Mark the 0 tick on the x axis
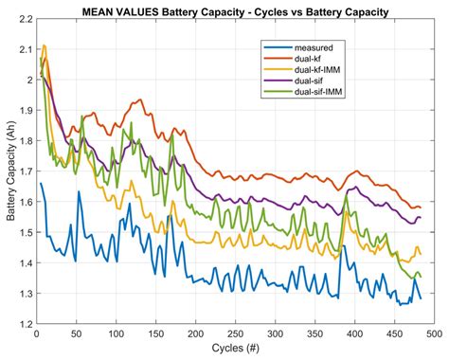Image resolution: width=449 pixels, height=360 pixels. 35,335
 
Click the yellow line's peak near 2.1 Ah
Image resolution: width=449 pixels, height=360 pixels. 44,45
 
